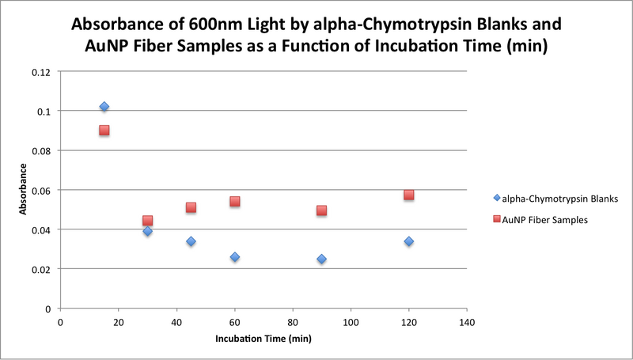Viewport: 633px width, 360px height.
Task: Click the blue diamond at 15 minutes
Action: [x=104, y=106]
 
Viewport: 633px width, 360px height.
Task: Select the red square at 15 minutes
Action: [x=104, y=131]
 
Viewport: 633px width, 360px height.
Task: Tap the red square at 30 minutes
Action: [x=147, y=221]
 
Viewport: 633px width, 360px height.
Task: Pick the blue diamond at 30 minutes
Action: [x=147, y=231]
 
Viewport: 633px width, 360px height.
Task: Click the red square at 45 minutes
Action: [x=191, y=207]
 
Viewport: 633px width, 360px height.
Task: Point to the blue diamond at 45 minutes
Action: [x=191, y=241]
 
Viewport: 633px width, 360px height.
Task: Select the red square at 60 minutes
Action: [x=234, y=202]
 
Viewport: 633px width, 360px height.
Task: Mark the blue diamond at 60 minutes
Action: [x=234, y=257]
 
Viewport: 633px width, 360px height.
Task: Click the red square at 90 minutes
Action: [x=321, y=210]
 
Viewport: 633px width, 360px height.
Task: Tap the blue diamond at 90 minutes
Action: [x=321, y=259]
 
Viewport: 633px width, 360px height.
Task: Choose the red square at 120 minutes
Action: [x=408, y=195]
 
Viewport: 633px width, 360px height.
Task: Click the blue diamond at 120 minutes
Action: [x=408, y=241]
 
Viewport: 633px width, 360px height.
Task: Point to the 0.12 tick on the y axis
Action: [x=40, y=72]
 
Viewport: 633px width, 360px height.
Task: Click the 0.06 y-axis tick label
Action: [x=40, y=190]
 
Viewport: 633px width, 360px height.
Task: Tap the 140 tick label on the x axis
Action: [x=467, y=322]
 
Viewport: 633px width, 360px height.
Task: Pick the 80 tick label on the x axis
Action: [x=293, y=322]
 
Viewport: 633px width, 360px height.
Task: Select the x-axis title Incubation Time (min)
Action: [x=263, y=339]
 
